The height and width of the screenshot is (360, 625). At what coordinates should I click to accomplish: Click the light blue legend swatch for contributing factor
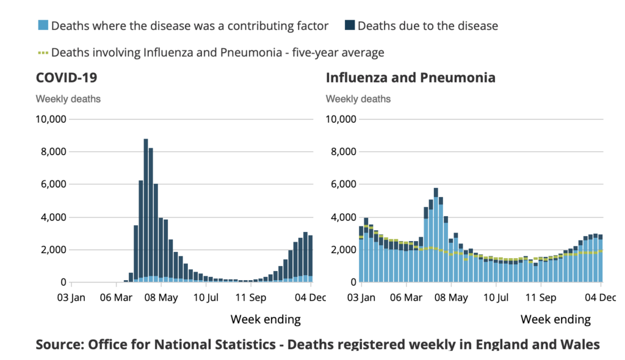click(43, 26)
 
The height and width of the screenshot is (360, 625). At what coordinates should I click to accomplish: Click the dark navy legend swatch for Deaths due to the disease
click(349, 26)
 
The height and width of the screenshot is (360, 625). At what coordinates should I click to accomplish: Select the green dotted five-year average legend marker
click(43, 52)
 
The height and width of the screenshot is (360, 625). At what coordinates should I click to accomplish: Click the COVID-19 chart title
click(66, 78)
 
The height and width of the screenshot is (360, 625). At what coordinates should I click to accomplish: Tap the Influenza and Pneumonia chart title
click(410, 78)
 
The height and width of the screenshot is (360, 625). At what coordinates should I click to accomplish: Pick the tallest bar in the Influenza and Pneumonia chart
click(436, 235)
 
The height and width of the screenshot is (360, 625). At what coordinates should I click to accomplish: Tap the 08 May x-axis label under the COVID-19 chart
click(161, 298)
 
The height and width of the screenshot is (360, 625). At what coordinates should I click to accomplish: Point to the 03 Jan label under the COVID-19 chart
click(72, 298)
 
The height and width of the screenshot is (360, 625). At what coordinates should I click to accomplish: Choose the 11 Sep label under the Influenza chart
click(541, 298)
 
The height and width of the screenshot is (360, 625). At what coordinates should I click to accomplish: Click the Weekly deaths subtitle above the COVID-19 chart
click(68, 99)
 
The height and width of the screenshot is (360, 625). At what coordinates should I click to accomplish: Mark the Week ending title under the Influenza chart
click(555, 320)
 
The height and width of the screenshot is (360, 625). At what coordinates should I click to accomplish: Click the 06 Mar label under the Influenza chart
click(406, 298)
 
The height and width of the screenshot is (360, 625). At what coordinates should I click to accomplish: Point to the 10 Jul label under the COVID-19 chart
click(206, 298)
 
